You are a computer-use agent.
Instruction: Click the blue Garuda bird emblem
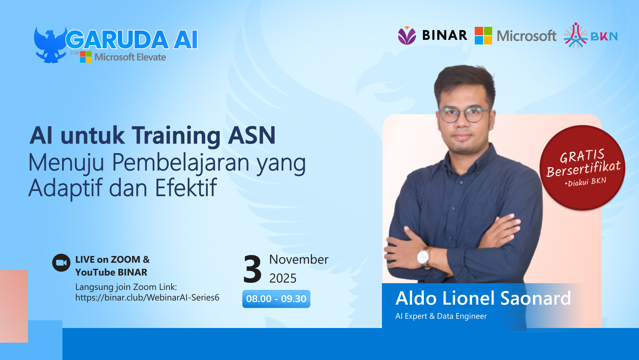(x=50, y=45)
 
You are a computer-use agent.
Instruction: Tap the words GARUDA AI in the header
(x=132, y=40)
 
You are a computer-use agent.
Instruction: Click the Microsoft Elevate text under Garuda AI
(x=130, y=57)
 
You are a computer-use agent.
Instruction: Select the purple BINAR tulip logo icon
(x=407, y=36)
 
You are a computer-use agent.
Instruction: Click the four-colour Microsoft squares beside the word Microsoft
(x=483, y=36)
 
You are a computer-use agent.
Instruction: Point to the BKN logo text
(x=604, y=36)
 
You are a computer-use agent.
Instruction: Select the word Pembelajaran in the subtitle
(x=181, y=163)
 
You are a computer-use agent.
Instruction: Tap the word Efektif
(x=186, y=188)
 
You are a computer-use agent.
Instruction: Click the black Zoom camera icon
(x=61, y=263)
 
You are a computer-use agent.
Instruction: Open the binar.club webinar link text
(x=147, y=298)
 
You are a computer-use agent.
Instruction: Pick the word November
(x=299, y=260)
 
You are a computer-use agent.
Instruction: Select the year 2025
(x=283, y=278)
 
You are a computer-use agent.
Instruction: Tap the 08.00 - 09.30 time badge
(x=276, y=299)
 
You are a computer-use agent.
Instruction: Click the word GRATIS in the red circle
(x=582, y=156)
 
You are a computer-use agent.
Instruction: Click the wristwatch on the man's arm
(x=424, y=256)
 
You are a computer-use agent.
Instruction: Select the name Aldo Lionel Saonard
(x=483, y=298)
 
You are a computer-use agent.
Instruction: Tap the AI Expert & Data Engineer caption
(x=441, y=316)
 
